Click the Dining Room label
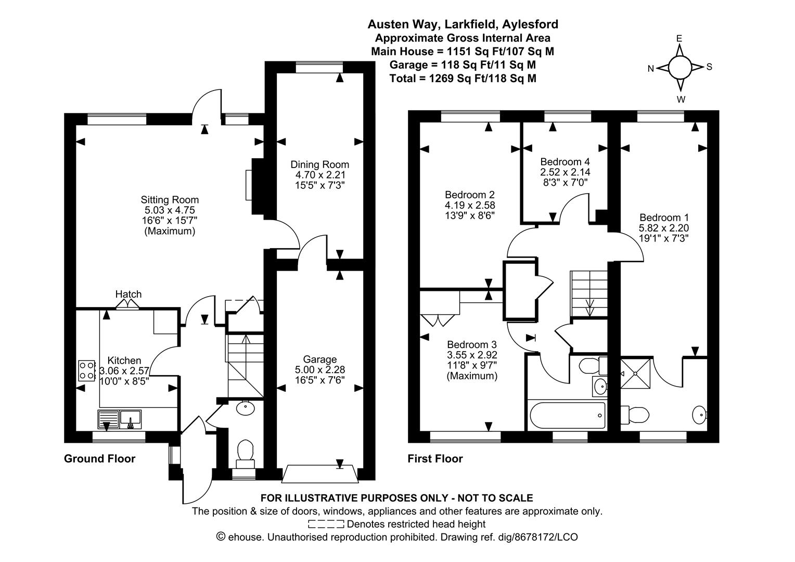click(319, 165)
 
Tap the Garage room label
click(319, 360)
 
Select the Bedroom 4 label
click(565, 161)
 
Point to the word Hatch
click(129, 295)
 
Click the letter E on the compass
click(679, 39)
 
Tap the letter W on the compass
click(681, 99)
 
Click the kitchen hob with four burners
click(86, 370)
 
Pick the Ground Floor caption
click(99, 458)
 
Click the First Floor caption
click(435, 458)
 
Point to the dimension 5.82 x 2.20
click(664, 228)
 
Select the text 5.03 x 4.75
click(170, 210)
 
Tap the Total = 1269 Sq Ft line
click(463, 78)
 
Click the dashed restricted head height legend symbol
click(326, 524)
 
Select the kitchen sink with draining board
click(119, 419)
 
